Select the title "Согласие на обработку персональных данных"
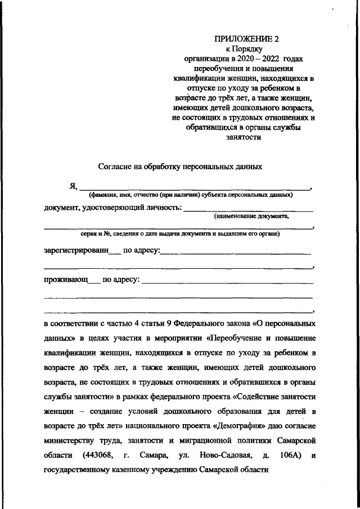click(x=179, y=166)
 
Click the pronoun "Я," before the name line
click(x=71, y=186)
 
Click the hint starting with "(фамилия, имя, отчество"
click(x=190, y=195)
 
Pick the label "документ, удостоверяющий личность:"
click(x=112, y=209)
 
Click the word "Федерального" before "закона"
click(x=200, y=324)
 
